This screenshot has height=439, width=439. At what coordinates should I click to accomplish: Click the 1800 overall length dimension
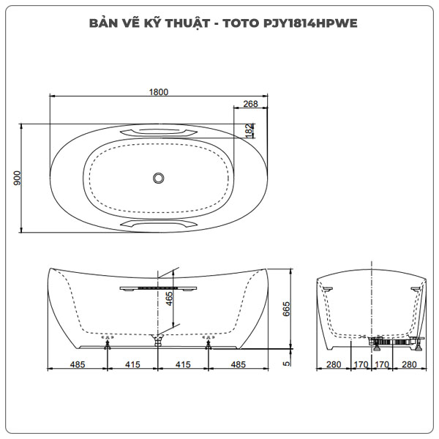(159, 91)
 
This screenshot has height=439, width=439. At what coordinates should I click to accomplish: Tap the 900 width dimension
(17, 179)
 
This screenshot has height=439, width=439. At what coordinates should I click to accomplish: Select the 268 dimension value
(250, 104)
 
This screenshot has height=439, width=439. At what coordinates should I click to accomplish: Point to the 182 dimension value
(249, 130)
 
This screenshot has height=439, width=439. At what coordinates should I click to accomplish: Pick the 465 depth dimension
(169, 299)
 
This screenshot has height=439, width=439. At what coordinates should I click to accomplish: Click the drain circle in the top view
(159, 177)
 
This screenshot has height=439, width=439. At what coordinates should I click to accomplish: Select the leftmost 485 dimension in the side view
(77, 363)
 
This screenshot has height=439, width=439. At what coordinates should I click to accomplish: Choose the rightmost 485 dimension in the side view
(239, 363)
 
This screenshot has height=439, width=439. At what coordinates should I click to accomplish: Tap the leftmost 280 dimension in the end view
(334, 363)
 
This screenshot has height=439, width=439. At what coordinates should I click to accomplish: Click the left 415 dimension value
(132, 363)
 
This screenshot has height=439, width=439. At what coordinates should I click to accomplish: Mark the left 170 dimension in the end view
(360, 363)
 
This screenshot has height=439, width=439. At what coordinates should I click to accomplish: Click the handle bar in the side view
(159, 289)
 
